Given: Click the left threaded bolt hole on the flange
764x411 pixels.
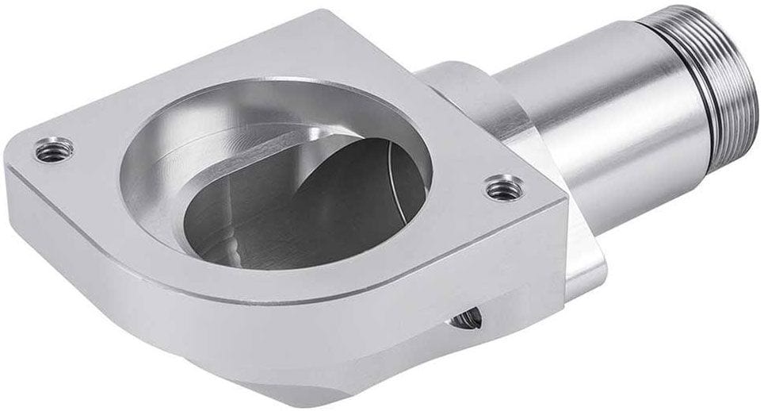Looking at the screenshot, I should click(54, 148).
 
